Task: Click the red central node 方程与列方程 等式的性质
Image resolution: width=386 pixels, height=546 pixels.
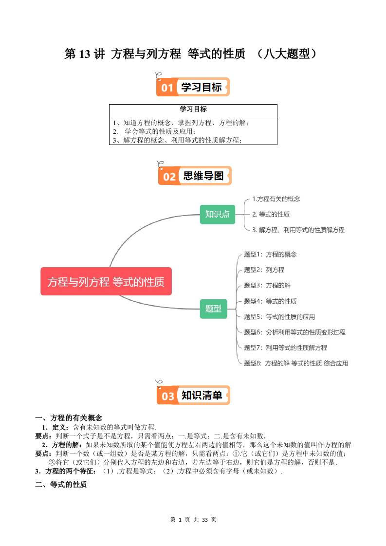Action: click(106, 281)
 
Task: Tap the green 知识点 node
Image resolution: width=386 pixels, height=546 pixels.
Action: click(217, 214)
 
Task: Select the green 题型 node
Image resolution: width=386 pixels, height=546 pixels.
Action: click(213, 309)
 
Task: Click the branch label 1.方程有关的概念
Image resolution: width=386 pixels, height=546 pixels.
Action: click(276, 199)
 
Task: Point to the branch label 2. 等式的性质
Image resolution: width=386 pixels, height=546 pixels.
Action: click(271, 214)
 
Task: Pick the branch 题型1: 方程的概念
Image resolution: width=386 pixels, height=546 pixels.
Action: click(270, 254)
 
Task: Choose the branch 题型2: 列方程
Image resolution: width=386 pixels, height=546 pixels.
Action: click(264, 270)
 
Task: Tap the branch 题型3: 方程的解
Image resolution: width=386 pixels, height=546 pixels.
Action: click(267, 285)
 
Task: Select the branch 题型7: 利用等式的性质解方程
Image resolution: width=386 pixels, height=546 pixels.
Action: click(285, 347)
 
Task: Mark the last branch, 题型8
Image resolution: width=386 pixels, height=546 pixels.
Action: click(295, 363)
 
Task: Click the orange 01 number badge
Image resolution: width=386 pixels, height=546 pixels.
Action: click(167, 88)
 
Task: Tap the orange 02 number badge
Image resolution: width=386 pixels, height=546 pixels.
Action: click(169, 176)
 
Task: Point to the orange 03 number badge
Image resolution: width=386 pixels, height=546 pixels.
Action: click(168, 396)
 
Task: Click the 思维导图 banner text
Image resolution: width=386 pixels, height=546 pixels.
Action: click(203, 176)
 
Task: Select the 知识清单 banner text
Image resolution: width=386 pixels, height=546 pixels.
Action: click(202, 396)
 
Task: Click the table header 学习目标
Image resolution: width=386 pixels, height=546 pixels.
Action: click(193, 109)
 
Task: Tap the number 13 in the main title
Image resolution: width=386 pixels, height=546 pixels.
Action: click(84, 54)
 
